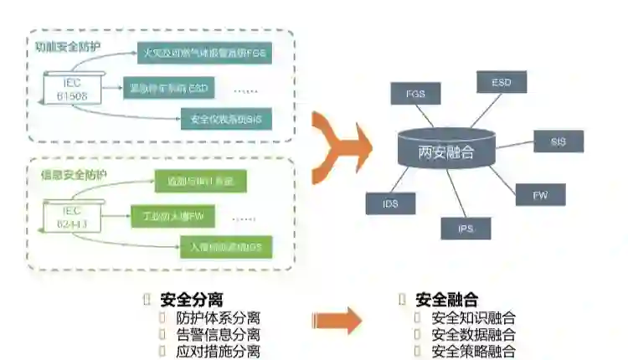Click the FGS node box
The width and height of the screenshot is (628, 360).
(x=414, y=94)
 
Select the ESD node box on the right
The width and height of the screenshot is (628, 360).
(x=501, y=82)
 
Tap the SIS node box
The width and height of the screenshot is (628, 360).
(x=559, y=141)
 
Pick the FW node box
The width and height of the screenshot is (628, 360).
(x=540, y=195)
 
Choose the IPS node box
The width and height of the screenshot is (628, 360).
(x=466, y=228)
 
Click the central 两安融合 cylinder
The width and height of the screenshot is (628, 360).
(x=445, y=151)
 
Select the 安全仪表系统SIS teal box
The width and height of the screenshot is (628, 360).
(x=226, y=120)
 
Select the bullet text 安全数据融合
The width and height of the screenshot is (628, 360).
(x=473, y=335)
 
